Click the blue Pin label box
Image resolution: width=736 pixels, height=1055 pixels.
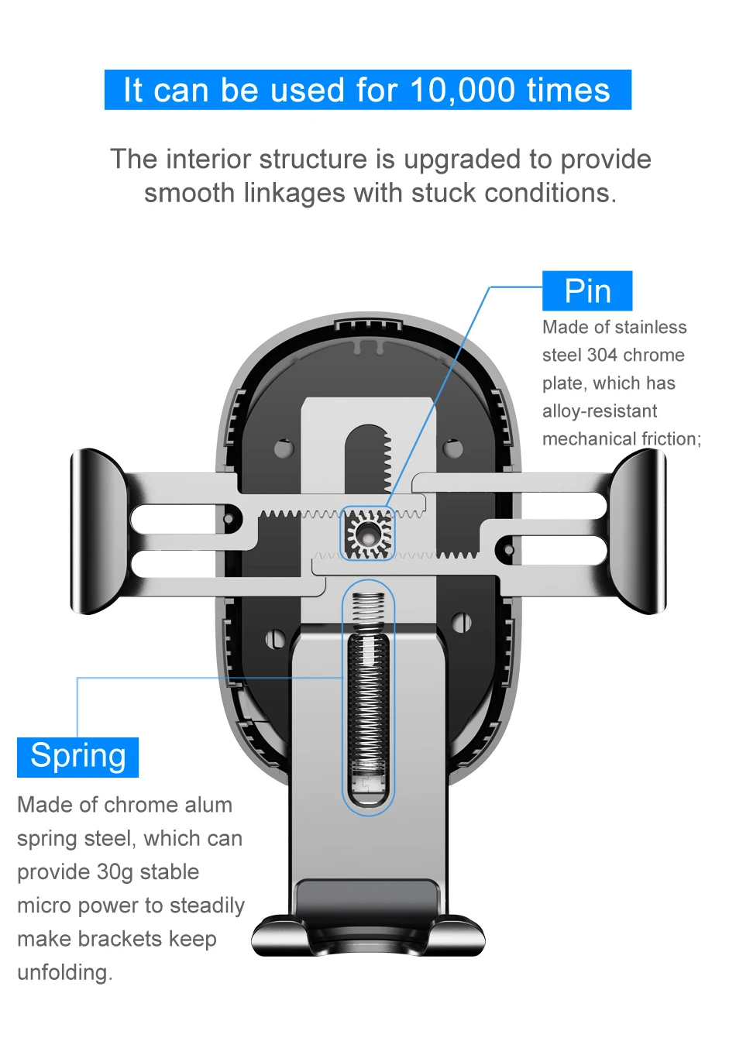click(x=587, y=291)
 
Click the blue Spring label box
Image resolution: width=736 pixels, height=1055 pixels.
click(x=77, y=757)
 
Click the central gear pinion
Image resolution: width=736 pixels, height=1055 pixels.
click(x=368, y=534)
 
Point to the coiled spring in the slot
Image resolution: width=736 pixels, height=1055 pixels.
click(x=368, y=697)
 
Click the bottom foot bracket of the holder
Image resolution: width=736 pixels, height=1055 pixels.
click(x=368, y=930)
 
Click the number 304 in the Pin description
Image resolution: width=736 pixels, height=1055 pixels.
click(x=602, y=356)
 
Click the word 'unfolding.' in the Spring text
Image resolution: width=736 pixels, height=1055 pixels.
click(x=65, y=972)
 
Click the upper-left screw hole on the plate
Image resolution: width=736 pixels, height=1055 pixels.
click(x=284, y=448)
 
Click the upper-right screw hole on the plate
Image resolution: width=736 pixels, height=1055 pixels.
click(x=453, y=448)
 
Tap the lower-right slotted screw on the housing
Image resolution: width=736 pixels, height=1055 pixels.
click(x=462, y=621)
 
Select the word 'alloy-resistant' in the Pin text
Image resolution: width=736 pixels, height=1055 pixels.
click(x=600, y=411)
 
